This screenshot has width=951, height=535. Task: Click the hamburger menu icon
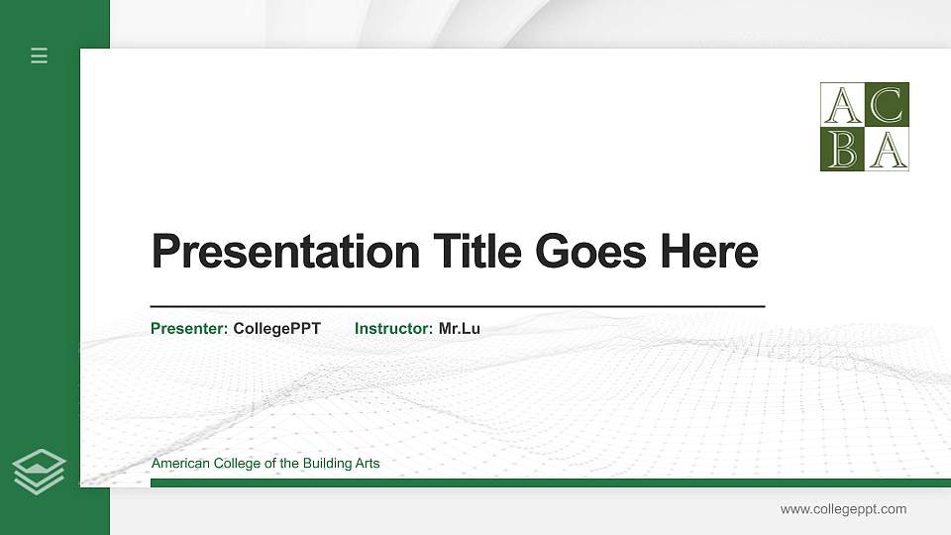tap(40, 56)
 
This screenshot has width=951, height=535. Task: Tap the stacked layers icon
tap(40, 471)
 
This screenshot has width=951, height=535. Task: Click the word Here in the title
tap(709, 252)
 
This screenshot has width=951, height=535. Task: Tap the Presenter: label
tap(189, 328)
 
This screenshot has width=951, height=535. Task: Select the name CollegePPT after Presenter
tap(277, 328)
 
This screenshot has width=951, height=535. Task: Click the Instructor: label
tap(393, 328)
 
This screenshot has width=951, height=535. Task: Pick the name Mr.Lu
tap(460, 328)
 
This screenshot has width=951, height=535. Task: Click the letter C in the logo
tap(887, 105)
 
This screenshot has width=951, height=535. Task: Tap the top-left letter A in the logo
tap(843, 105)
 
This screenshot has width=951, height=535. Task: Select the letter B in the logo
tap(843, 150)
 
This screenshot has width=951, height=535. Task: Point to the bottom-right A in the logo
tap(887, 150)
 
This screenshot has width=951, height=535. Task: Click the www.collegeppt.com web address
tap(843, 509)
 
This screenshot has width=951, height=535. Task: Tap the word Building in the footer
tap(302, 464)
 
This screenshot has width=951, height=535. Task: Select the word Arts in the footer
tap(367, 464)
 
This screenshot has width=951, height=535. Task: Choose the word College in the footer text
tap(235, 464)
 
